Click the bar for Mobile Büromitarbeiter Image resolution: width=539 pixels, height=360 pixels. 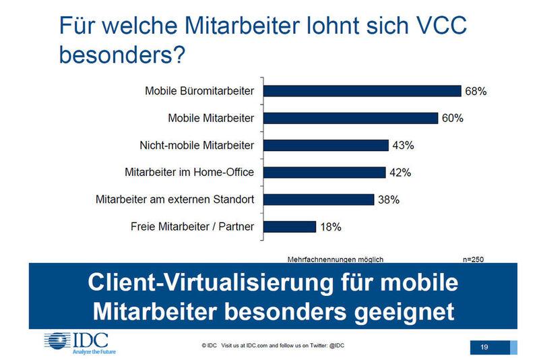[x=362, y=91]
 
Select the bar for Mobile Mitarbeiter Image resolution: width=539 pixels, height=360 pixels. [x=350, y=118]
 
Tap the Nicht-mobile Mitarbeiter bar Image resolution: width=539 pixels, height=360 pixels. [x=326, y=145]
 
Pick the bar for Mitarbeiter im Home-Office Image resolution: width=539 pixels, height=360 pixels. [x=324, y=172]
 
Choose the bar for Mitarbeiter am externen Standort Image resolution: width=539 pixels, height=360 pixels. [x=318, y=200]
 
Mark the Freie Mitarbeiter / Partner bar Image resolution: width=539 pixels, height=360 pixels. [x=289, y=227]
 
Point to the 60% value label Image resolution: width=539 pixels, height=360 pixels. [x=452, y=118]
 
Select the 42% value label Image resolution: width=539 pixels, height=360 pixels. [x=400, y=172]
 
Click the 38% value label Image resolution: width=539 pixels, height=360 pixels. [x=389, y=200]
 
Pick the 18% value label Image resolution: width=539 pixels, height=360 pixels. [x=330, y=227]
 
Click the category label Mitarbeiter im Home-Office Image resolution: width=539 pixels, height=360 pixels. [x=189, y=172]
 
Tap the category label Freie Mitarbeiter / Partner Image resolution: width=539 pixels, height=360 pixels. [x=192, y=227]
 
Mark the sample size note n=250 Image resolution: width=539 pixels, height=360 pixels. [x=473, y=258]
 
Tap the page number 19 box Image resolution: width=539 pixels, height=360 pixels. [x=484, y=347]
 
